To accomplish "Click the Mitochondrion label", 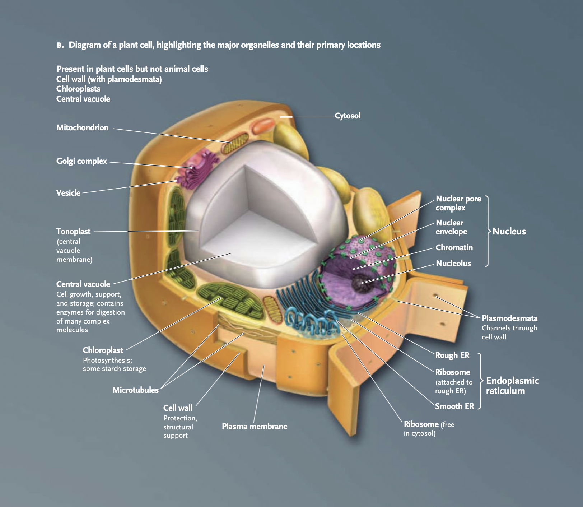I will (x=82, y=127).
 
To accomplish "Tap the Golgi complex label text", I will (x=81, y=161).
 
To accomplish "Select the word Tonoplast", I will (x=73, y=231).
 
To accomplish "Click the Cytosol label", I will (x=347, y=116).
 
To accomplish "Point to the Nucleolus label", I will (x=453, y=263).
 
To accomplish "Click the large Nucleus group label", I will (x=509, y=231).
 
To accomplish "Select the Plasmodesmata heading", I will (x=509, y=318).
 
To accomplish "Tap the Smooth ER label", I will (x=454, y=406).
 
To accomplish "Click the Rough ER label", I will (x=452, y=355).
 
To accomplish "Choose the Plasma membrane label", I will (x=255, y=426).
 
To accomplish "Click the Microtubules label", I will (x=135, y=390).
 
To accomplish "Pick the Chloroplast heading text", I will (x=103, y=350).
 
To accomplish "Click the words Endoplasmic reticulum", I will (x=512, y=386).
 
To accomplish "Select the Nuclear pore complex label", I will (x=458, y=203).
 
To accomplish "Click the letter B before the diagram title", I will (x=60, y=45).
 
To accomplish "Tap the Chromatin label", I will (x=454, y=247).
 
